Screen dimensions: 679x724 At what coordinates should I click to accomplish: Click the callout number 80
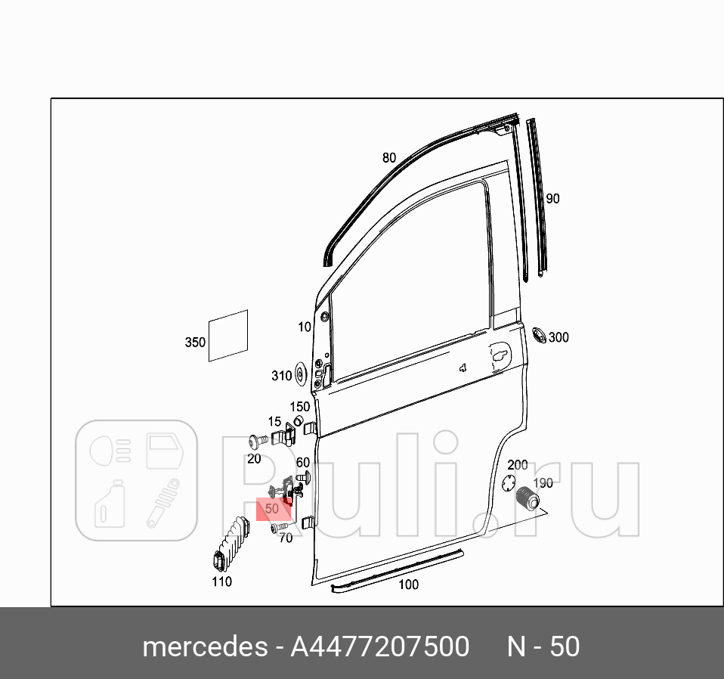coord(388,158)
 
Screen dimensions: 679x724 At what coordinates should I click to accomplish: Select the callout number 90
coord(552,199)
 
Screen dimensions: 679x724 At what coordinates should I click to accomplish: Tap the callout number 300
coord(558,337)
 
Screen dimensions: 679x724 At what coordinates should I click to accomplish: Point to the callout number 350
coord(195,343)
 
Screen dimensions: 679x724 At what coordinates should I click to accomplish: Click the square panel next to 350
coord(228,335)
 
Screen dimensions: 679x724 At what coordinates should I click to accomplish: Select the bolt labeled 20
coord(254,440)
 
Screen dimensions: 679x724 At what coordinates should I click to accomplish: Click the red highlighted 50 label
coord(273,509)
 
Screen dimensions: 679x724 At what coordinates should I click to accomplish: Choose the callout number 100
coord(408,584)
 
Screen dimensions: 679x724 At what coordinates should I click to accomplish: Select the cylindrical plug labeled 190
coord(528,499)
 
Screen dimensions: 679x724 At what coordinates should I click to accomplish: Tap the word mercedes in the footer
coord(204,647)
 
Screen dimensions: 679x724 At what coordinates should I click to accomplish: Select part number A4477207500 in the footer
coord(380,647)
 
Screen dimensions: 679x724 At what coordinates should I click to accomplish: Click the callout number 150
coord(300,407)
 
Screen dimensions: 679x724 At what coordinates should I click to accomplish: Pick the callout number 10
coord(305,327)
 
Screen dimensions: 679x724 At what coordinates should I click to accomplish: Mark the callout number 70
coord(286,538)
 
